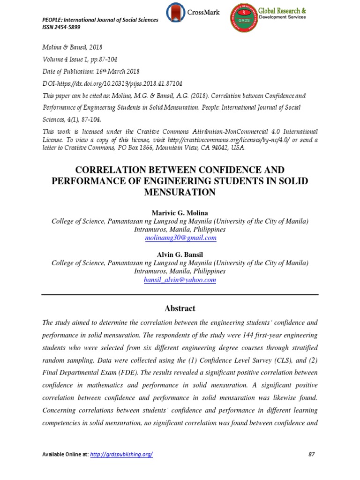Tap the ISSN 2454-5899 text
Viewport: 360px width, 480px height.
click(x=61, y=27)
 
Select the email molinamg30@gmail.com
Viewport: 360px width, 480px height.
click(x=180, y=238)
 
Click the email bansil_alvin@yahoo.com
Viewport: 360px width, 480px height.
click(x=180, y=280)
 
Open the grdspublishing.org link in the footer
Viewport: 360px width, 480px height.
click(x=121, y=454)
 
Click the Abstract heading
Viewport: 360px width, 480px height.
click(x=180, y=308)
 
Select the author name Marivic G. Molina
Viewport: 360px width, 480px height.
click(x=180, y=213)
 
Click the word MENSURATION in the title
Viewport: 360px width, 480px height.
click(x=180, y=192)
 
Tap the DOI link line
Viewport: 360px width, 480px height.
click(x=112, y=83)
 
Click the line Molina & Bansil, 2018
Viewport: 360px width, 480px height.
click(x=73, y=47)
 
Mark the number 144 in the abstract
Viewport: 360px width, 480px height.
click(x=228, y=336)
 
